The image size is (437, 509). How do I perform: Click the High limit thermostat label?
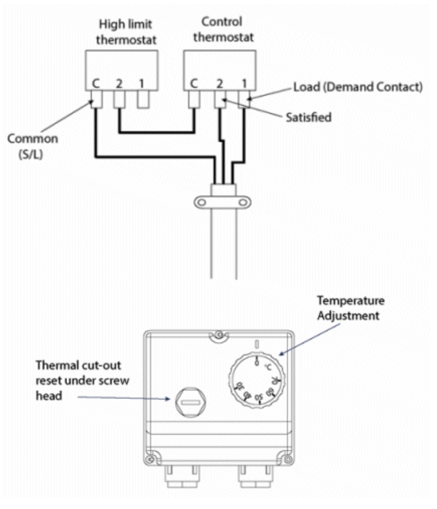(126, 32)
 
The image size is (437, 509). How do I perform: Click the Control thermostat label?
(223, 29)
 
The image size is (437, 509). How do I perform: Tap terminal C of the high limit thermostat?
(96, 99)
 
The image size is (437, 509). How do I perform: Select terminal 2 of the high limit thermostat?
(119, 99)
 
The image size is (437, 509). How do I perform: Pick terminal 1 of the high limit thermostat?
(143, 99)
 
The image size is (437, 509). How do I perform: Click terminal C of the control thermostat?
(194, 99)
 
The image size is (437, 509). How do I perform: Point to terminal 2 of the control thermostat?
(220, 99)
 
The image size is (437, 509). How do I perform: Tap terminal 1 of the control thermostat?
(244, 99)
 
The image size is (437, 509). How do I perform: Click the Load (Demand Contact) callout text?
(358, 87)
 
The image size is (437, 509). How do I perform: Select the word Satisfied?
(308, 117)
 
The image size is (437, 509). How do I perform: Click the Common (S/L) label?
(32, 146)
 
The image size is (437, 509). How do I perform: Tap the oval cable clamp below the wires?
(223, 202)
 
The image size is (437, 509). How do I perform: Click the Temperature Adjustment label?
(350, 308)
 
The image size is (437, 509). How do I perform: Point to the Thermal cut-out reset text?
(82, 380)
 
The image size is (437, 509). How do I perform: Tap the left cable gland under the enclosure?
(182, 476)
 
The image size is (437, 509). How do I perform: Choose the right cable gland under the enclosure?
(256, 476)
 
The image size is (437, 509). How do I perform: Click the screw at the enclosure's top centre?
(219, 335)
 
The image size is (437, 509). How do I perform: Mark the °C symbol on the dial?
(268, 367)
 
